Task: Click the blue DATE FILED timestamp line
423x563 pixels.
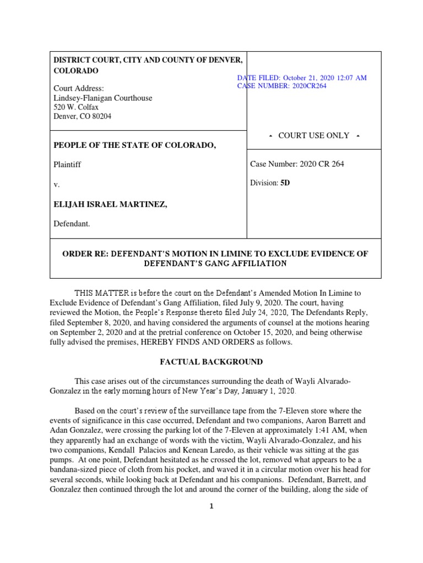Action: coord(302,78)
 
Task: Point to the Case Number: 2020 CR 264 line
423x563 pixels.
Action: coord(297,164)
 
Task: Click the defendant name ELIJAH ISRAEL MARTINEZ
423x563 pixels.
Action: coord(110,205)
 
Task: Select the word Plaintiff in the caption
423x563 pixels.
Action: coord(67,164)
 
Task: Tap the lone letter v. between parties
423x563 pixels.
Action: coord(56,185)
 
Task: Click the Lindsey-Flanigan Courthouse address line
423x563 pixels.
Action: coord(102,98)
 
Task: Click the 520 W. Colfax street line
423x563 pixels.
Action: coord(75,107)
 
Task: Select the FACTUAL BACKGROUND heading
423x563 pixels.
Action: coord(211,362)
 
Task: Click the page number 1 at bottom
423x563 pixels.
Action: coord(211,507)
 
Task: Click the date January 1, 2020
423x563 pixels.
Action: coord(267,391)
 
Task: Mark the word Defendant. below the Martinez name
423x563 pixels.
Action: coord(72,224)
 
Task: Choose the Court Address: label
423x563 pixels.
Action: coord(78,89)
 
